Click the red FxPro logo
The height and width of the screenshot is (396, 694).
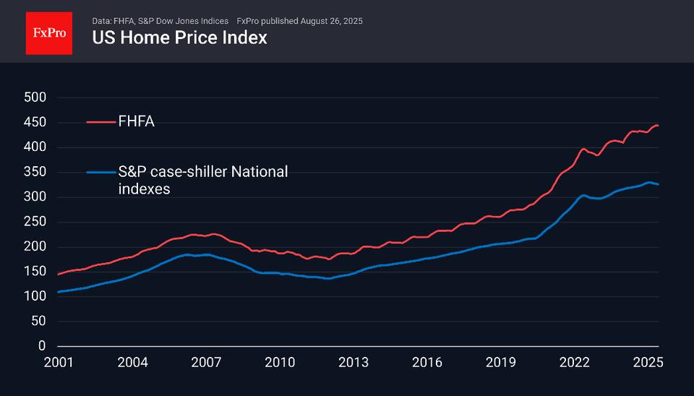(x=49, y=33)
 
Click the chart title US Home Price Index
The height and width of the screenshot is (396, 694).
(x=179, y=38)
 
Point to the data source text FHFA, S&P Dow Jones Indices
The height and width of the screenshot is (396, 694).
(x=171, y=21)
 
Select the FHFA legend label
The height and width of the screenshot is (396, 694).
(x=137, y=122)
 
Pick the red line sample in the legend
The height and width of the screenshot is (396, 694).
(x=100, y=122)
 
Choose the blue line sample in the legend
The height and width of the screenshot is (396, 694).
(x=100, y=172)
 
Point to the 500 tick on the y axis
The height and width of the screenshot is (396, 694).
(x=35, y=98)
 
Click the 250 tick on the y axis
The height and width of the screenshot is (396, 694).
(x=35, y=222)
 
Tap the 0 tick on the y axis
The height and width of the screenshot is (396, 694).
(x=43, y=346)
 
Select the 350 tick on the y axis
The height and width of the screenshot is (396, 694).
(x=35, y=172)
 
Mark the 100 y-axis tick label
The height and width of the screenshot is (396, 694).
(x=35, y=296)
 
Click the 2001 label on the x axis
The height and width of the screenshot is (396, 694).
(x=59, y=361)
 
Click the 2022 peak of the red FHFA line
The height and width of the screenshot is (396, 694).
(x=583, y=149)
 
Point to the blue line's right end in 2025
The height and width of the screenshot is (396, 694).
(x=658, y=184)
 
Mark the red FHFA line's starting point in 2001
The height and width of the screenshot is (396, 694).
(x=58, y=275)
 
